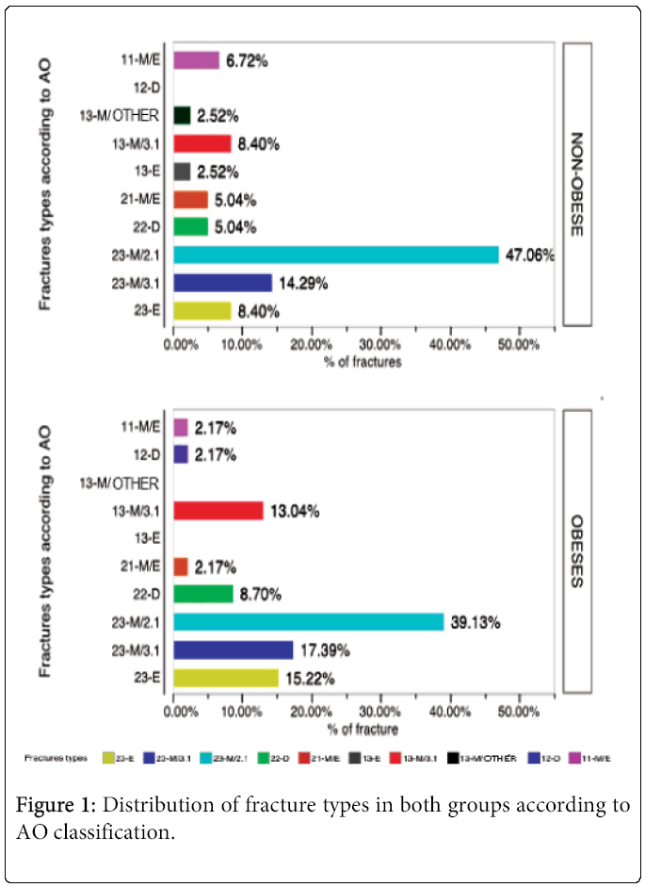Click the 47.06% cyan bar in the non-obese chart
(336, 255)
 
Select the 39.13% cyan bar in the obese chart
(309, 622)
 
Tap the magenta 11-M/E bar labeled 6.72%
(197, 60)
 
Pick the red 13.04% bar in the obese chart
(218, 511)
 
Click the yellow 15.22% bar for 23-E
(226, 678)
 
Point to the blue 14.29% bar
(223, 283)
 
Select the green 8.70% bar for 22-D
(203, 594)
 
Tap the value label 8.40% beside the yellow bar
(261, 311)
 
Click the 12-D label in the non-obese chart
(145, 88)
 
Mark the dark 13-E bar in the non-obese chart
(183, 172)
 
